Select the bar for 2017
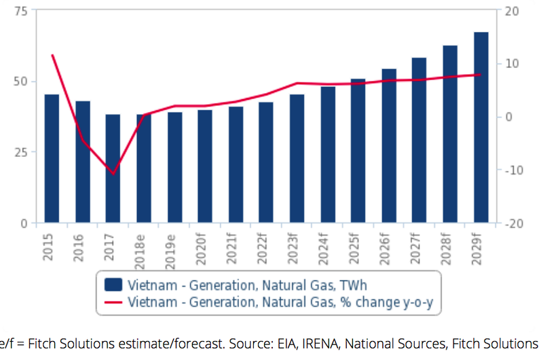113,168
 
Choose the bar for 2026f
389,145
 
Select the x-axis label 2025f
358,251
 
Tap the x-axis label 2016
82,246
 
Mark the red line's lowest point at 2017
113,173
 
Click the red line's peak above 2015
52,55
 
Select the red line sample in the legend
113,302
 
